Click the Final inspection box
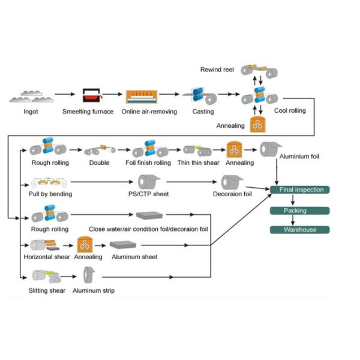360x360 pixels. pyautogui.click(x=299, y=190)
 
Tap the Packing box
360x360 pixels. pyautogui.click(x=299, y=211)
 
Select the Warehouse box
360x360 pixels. pyautogui.click(x=299, y=230)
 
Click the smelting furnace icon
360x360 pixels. pyautogui.click(x=92, y=95)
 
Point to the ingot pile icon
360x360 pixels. pyautogui.click(x=31, y=97)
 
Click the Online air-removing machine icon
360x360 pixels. pyautogui.click(x=142, y=97)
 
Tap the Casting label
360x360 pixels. pyautogui.click(x=203, y=112)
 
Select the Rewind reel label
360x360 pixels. pyautogui.click(x=217, y=70)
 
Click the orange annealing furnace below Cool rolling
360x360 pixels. pyautogui.click(x=257, y=124)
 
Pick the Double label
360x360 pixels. pyautogui.click(x=99, y=163)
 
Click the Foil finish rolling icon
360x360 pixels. pyautogui.click(x=150, y=149)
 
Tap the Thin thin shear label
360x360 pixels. pyautogui.click(x=199, y=163)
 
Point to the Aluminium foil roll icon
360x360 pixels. pyautogui.click(x=271, y=149)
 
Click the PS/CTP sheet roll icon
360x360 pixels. pyautogui.click(x=149, y=182)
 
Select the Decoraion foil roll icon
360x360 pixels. pyautogui.click(x=232, y=182)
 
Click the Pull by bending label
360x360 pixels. pyautogui.click(x=50, y=194)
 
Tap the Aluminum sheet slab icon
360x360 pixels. pyautogui.click(x=123, y=245)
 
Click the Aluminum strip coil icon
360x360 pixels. pyautogui.click(x=89, y=275)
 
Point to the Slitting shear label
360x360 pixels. pyautogui.click(x=47, y=290)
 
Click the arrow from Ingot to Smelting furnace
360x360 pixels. pyautogui.click(x=65, y=94)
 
